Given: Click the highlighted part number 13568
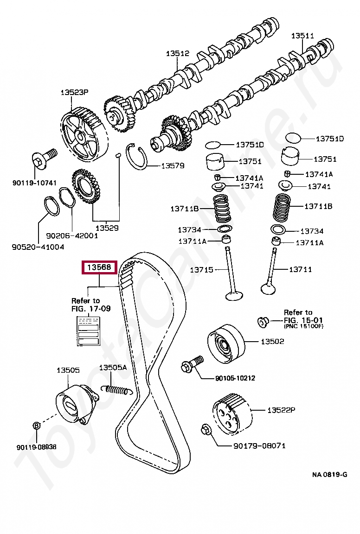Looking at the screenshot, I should tap(100, 267).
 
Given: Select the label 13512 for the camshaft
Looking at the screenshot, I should tap(178, 54).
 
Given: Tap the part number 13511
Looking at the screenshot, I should tap(302, 36).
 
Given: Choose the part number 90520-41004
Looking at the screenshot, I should tap(38, 247).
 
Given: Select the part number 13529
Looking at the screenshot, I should tap(107, 228).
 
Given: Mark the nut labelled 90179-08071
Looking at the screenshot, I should tap(206, 430).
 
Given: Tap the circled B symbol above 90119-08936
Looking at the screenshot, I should tap(37, 425).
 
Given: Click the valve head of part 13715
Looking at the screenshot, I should tap(233, 295).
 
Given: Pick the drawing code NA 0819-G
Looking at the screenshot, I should tap(329, 474).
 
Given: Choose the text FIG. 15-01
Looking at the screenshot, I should tap(304, 320).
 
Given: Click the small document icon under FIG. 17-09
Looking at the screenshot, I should tap(88, 331).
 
